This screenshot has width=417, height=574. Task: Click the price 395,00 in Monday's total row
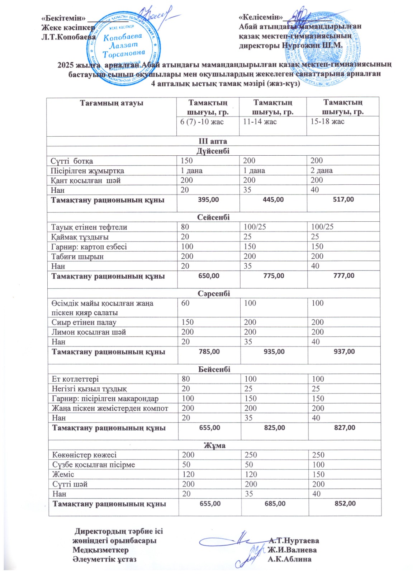208,199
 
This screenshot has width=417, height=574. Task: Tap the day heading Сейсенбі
213,217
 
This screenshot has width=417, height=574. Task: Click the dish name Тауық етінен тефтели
89,227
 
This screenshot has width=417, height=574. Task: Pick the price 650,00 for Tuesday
209,276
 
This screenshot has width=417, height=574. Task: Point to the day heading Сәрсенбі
214,293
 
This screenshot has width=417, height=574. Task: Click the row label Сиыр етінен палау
84,322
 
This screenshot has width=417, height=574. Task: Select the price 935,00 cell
274,352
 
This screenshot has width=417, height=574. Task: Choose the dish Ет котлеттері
75,379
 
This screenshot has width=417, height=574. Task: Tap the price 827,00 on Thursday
345,428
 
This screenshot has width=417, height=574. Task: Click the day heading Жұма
214,445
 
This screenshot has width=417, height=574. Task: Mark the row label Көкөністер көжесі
85,455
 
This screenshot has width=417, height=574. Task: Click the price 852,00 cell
345,503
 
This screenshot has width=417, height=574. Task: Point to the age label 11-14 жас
260,122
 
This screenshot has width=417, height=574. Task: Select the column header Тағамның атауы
112,103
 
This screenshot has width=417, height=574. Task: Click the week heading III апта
213,141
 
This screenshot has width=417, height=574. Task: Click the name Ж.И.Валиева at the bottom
292,550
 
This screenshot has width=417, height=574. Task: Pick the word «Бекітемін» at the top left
63,18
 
